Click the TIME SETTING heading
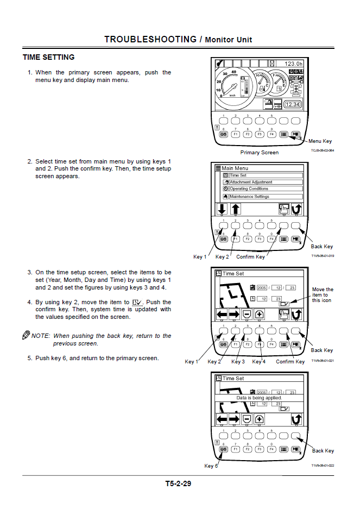(x=48, y=57)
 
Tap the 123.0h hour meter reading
(x=293, y=64)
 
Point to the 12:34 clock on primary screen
(x=293, y=104)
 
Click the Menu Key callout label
(x=320, y=141)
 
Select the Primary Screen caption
(x=260, y=153)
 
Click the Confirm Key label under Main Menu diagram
(x=250, y=257)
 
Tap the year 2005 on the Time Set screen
(x=262, y=287)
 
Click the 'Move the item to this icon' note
(x=323, y=295)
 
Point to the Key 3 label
(x=238, y=362)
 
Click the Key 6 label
(x=211, y=466)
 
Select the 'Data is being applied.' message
(x=259, y=398)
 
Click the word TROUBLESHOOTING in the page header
(x=150, y=39)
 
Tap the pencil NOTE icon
(x=26, y=335)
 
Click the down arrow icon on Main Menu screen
(x=222, y=209)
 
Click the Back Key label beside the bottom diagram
(x=323, y=451)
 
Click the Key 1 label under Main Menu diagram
(x=200, y=257)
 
